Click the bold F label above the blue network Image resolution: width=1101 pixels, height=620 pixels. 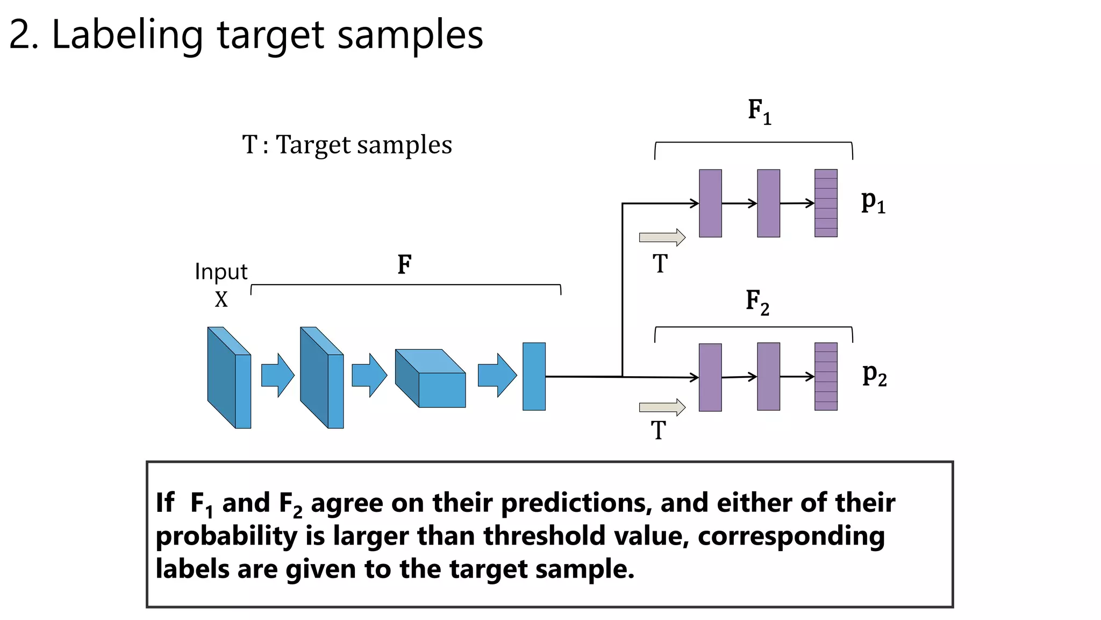404,264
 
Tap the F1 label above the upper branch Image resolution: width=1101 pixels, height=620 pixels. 759,111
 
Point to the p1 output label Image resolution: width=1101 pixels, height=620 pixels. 873,202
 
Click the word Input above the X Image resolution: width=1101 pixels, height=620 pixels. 221,272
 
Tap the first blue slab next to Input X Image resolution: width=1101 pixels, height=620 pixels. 229,377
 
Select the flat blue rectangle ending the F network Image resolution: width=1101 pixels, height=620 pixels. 534,376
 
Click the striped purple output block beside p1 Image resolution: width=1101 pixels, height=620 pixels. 826,203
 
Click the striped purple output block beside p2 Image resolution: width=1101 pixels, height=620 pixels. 826,376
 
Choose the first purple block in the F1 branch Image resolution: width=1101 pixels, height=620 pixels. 710,203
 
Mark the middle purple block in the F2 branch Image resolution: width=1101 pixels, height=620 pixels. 768,376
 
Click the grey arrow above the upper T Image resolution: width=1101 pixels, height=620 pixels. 662,237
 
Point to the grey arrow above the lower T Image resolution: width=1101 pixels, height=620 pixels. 662,407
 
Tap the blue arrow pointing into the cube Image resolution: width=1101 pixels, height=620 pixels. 369,375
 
